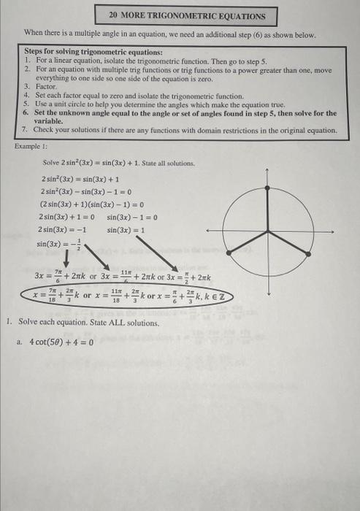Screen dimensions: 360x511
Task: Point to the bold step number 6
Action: click(x=26, y=113)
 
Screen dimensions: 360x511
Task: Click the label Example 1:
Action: click(x=34, y=146)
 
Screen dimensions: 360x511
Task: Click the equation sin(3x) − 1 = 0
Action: click(x=132, y=217)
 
